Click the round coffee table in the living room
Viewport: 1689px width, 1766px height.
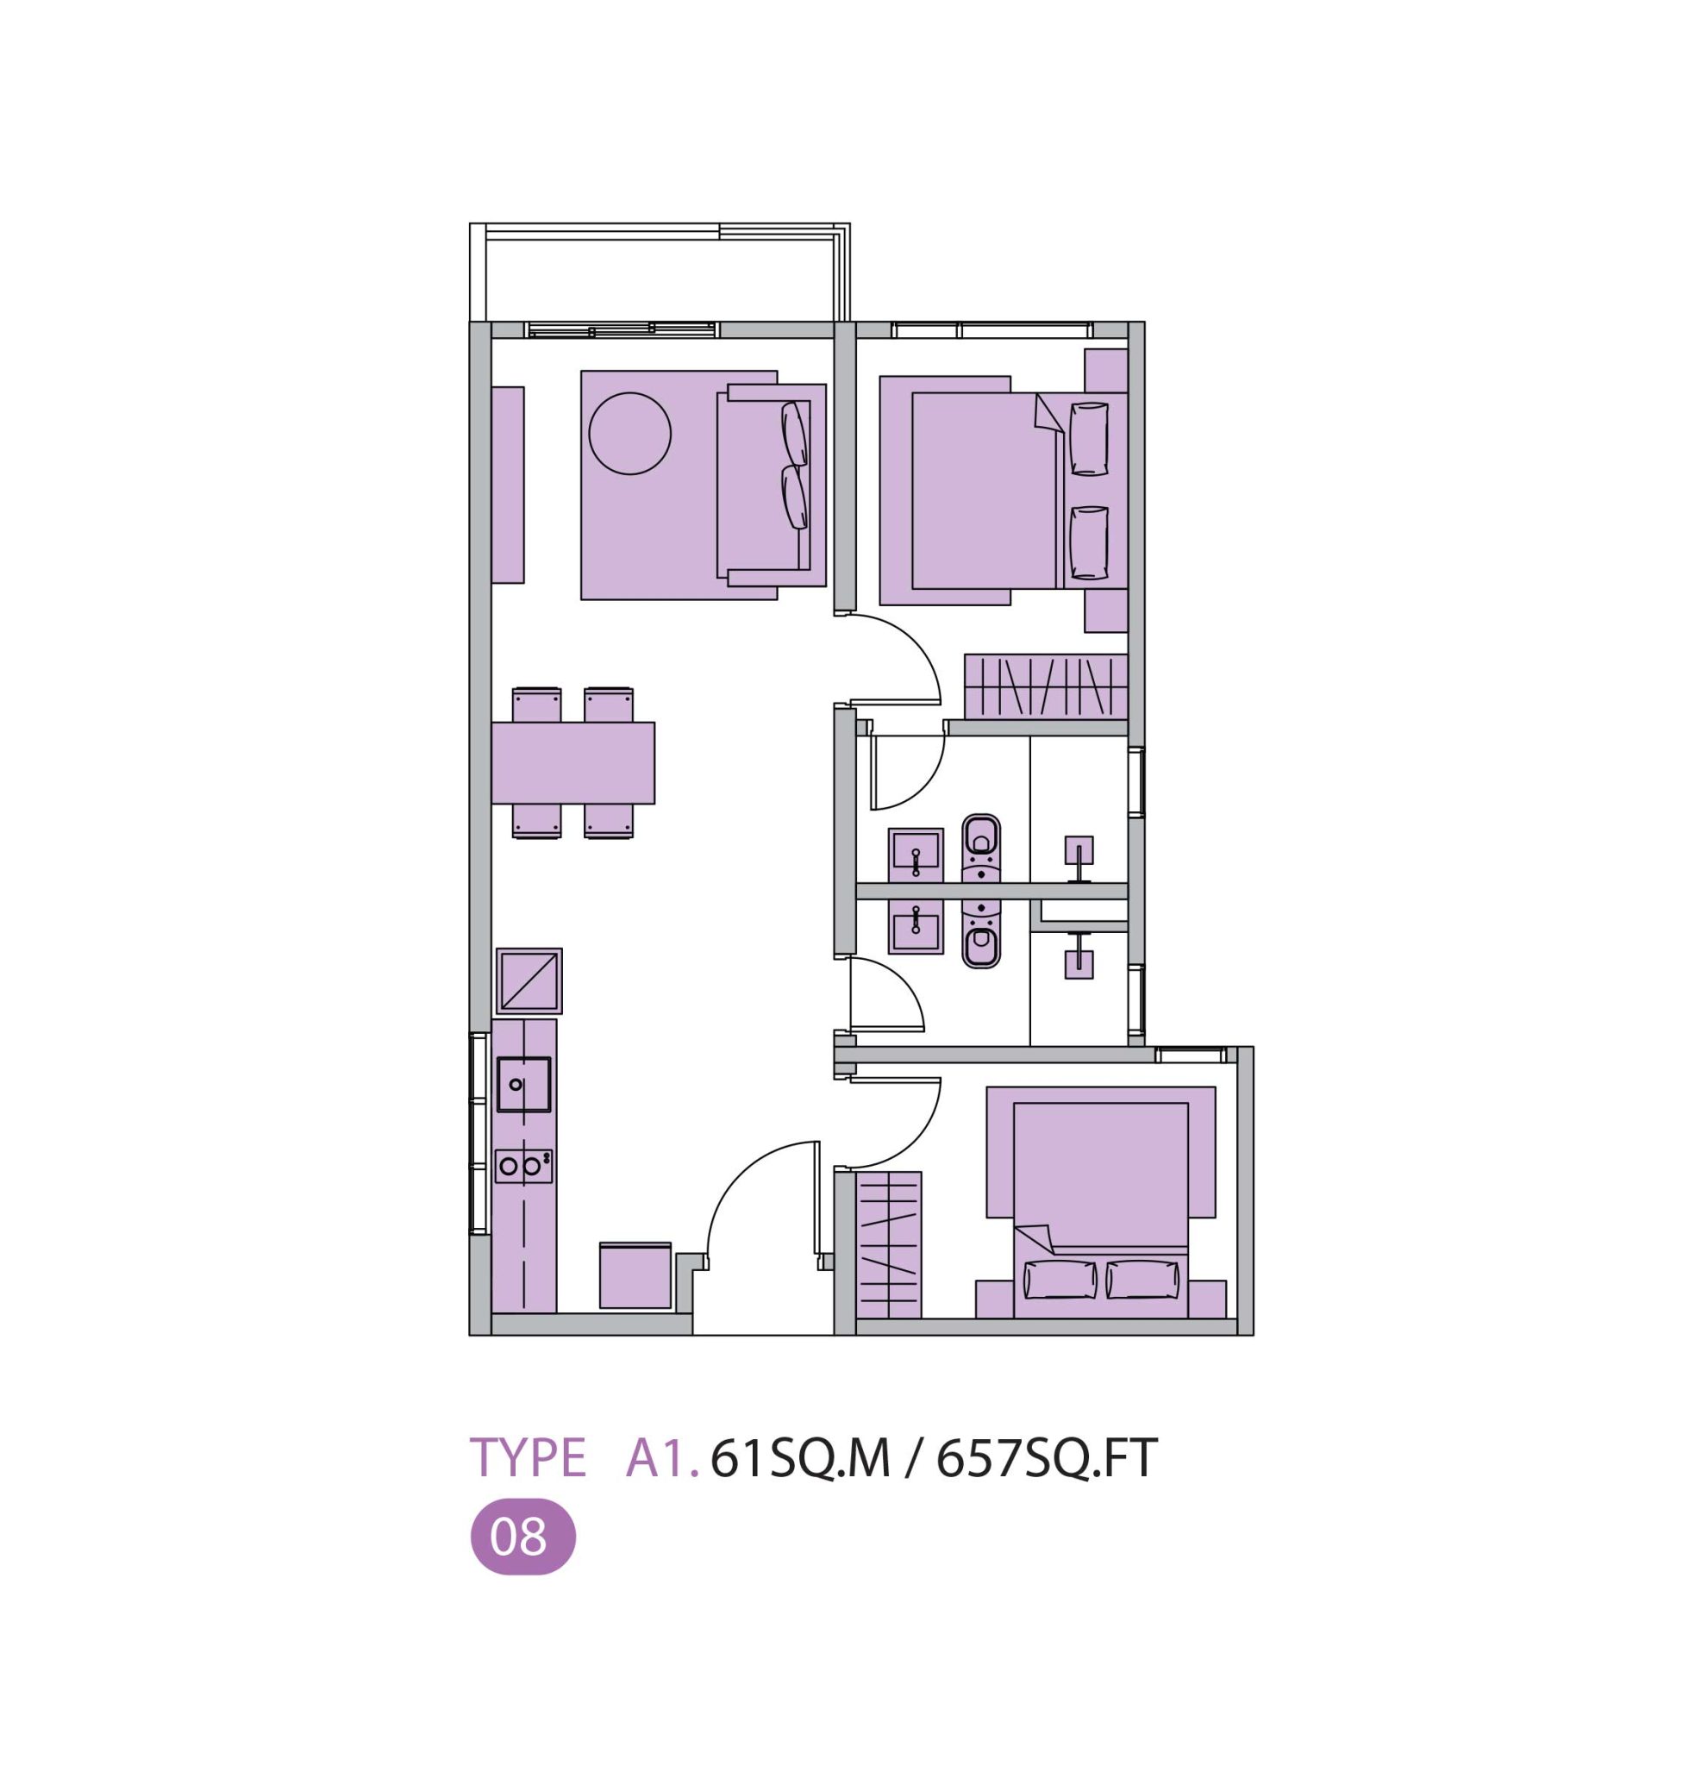(629, 433)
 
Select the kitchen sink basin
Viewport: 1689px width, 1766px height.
(523, 1084)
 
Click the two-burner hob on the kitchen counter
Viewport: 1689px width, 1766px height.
(523, 1166)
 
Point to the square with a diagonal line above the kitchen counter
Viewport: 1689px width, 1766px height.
(529, 980)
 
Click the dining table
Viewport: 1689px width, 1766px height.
(573, 763)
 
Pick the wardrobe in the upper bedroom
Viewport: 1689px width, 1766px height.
(1046, 686)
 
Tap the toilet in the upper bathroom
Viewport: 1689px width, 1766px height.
(980, 848)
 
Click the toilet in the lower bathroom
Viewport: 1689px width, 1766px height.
(980, 935)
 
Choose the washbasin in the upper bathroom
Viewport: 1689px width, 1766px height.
(916, 855)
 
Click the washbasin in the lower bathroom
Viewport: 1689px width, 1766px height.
(916, 928)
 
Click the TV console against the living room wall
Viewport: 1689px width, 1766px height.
(508, 485)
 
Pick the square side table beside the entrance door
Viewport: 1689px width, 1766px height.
(635, 1275)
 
